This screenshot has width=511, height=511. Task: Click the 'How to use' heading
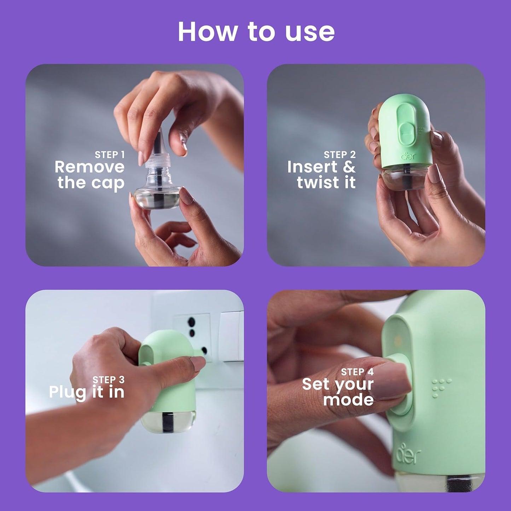(x=256, y=32)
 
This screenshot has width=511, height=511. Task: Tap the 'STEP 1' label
(x=110, y=155)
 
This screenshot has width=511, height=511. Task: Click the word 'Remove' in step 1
(x=89, y=167)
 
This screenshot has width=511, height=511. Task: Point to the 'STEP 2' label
(x=339, y=155)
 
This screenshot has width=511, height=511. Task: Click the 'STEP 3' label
(x=109, y=379)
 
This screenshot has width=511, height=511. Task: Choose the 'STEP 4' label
(x=357, y=372)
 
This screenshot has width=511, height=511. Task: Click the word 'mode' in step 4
(x=348, y=400)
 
